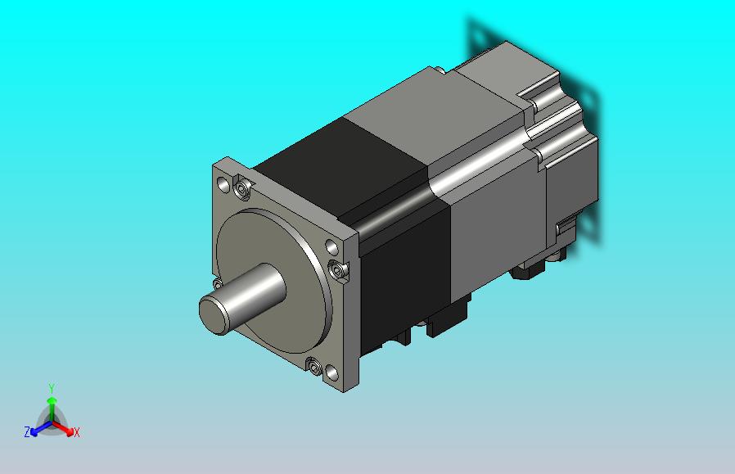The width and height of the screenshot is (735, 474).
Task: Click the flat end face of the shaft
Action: pyautogui.click(x=214, y=314)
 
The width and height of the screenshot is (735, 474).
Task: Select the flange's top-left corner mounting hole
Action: pyautogui.click(x=223, y=184)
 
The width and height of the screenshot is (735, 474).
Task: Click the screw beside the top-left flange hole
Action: pyautogui.click(x=242, y=189)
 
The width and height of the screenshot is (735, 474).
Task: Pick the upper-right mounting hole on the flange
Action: pyautogui.click(x=331, y=246)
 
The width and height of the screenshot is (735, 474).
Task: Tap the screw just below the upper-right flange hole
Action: pyautogui.click(x=336, y=269)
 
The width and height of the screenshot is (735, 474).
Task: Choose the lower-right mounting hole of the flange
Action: pyautogui.click(x=331, y=373)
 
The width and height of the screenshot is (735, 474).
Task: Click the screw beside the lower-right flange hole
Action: pyautogui.click(x=313, y=366)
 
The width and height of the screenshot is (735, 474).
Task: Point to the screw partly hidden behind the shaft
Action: pyautogui.click(x=218, y=283)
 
